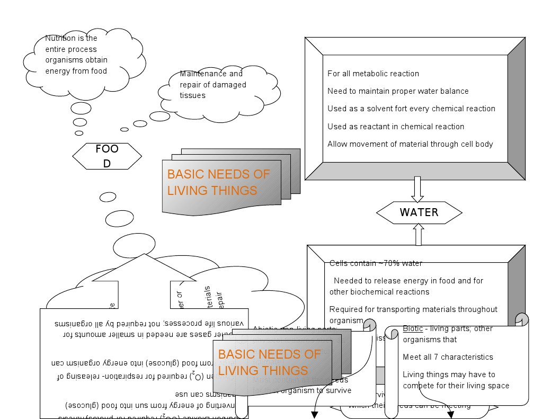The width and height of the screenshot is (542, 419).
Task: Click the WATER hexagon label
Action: pyautogui.click(x=419, y=212)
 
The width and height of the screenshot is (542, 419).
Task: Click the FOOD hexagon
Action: pyautogui.click(x=107, y=156)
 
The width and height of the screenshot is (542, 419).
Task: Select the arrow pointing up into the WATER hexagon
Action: pyautogui.click(x=418, y=234)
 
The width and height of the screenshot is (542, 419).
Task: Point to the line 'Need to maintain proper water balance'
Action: pyautogui.click(x=398, y=91)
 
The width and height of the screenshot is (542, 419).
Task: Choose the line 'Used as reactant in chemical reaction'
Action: pyautogui.click(x=396, y=127)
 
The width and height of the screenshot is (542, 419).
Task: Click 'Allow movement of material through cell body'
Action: pyautogui.click(x=410, y=144)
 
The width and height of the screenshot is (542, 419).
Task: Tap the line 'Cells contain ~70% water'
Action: pyautogui.click(x=376, y=263)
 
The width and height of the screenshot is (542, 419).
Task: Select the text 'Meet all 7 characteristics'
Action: pyautogui.click(x=448, y=357)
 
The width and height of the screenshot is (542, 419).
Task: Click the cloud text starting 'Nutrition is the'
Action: pyautogui.click(x=76, y=55)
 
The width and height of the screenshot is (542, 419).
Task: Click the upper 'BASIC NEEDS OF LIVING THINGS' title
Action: pyautogui.click(x=218, y=182)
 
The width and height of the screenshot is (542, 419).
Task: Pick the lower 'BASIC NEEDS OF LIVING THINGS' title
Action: pyautogui.click(x=270, y=362)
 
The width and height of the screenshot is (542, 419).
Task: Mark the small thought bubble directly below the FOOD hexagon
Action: pyautogui.click(x=108, y=197)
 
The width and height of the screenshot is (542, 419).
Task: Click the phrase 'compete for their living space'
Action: pyautogui.click(x=456, y=386)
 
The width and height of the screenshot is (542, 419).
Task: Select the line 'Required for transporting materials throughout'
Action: pyautogui.click(x=413, y=309)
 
